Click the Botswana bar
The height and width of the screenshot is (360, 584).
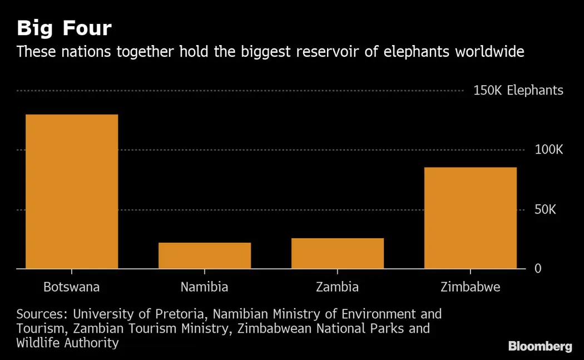coord(72,191)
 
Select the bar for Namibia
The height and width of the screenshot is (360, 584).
coord(205,255)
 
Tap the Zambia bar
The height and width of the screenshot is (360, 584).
coord(338,253)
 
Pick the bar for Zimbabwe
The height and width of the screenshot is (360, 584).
coord(471,218)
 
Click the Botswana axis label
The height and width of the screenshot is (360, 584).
coord(72,287)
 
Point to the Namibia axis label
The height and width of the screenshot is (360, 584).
coord(204,287)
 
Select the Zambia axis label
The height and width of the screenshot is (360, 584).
coord(337,287)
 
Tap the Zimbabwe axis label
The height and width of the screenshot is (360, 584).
coord(470,287)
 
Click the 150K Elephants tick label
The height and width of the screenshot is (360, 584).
coord(518,90)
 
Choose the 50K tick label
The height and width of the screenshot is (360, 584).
coord(545,210)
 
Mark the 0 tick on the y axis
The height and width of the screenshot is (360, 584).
coord(537,269)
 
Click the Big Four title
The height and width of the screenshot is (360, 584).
coord(64,28)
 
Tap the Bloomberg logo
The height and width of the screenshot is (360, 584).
coord(540,347)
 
